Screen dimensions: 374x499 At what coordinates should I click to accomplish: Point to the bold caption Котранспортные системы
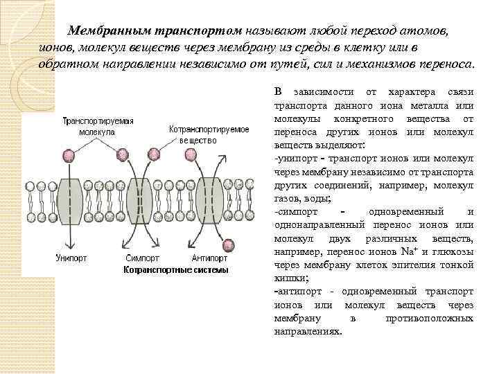[x=175, y=269]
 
